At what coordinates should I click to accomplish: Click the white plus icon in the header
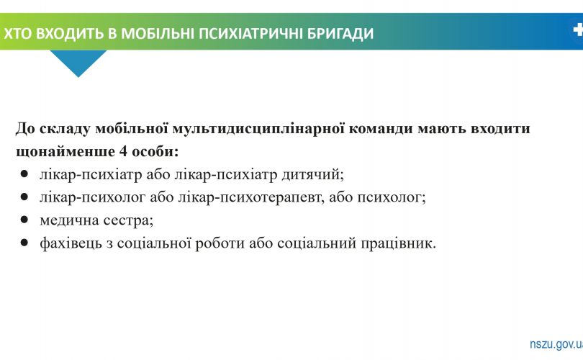click(577, 30)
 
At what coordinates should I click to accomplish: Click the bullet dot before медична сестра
click(24, 220)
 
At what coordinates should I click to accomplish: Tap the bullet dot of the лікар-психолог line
click(24, 197)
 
